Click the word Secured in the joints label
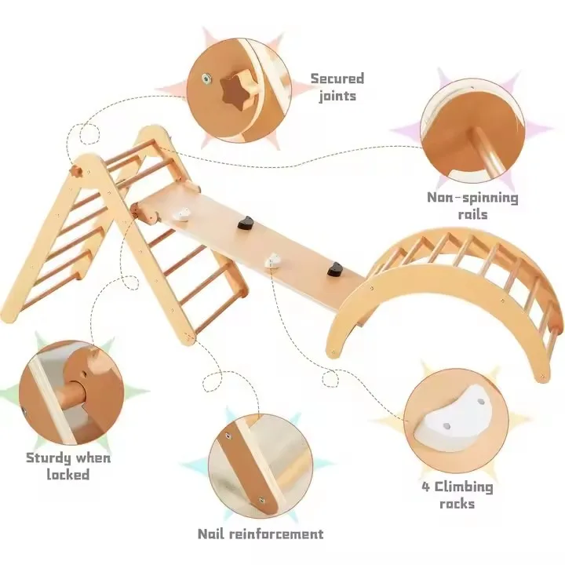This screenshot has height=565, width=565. click(x=337, y=79)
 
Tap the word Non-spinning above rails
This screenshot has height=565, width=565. click(x=472, y=199)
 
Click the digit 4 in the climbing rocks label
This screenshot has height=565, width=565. click(x=426, y=487)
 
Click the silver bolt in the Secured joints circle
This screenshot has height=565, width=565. click(x=206, y=77)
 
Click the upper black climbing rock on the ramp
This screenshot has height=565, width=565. click(x=246, y=223)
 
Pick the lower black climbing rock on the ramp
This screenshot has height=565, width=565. click(x=336, y=269)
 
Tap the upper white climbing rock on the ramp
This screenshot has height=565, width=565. click(x=182, y=215)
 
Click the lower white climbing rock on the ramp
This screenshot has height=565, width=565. click(x=273, y=261)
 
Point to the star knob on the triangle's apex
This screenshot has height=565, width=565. click(x=76, y=171)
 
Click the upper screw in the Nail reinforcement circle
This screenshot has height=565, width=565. click(x=228, y=436)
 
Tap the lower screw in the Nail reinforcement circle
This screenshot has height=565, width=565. click(x=261, y=500)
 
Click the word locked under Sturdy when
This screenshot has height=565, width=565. click(x=67, y=475)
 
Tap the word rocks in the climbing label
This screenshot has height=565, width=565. click(x=457, y=504)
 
